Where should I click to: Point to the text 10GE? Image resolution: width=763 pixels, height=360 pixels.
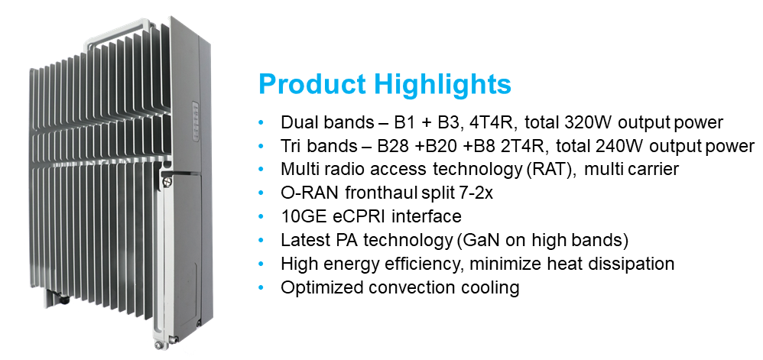point(301,217)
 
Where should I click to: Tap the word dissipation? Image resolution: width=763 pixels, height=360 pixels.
point(633,264)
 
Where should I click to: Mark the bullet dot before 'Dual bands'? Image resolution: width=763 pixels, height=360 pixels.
point(262,122)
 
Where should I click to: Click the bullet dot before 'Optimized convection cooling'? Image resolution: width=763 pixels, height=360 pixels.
point(262,288)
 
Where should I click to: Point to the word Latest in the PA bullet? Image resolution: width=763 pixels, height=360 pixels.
point(304,241)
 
